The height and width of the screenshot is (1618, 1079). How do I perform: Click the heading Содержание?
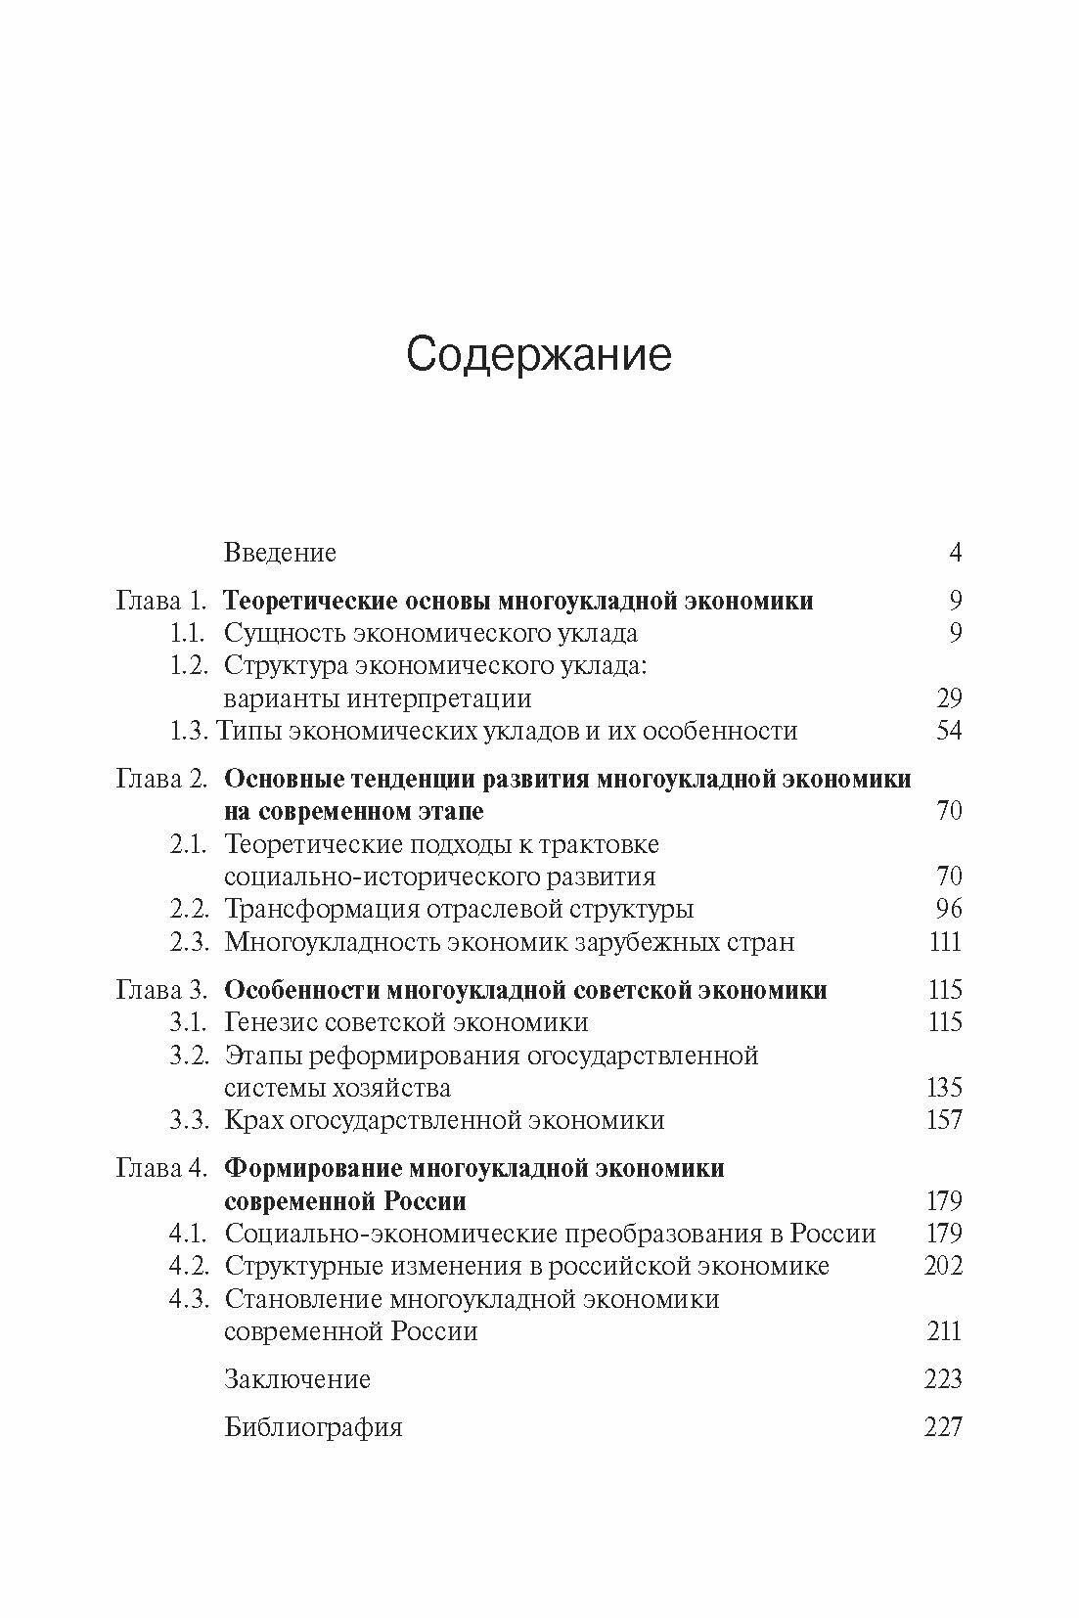click(x=539, y=355)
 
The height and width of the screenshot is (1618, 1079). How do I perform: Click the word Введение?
click(x=280, y=553)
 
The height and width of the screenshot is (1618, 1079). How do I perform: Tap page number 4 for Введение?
click(x=955, y=553)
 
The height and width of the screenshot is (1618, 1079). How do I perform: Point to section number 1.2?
click(x=189, y=666)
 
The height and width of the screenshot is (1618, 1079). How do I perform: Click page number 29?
click(x=948, y=698)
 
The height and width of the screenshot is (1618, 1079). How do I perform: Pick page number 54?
click(x=948, y=731)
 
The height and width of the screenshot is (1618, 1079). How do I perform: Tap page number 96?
click(x=948, y=909)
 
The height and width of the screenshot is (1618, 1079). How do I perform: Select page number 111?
click(x=944, y=942)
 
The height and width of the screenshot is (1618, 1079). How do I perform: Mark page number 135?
click(x=944, y=1088)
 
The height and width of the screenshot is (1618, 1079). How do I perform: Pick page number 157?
click(x=944, y=1120)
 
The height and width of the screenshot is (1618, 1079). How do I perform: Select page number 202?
click(x=943, y=1266)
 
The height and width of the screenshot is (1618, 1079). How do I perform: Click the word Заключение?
click(x=297, y=1379)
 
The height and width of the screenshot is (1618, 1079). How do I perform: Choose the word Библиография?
click(x=313, y=1427)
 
